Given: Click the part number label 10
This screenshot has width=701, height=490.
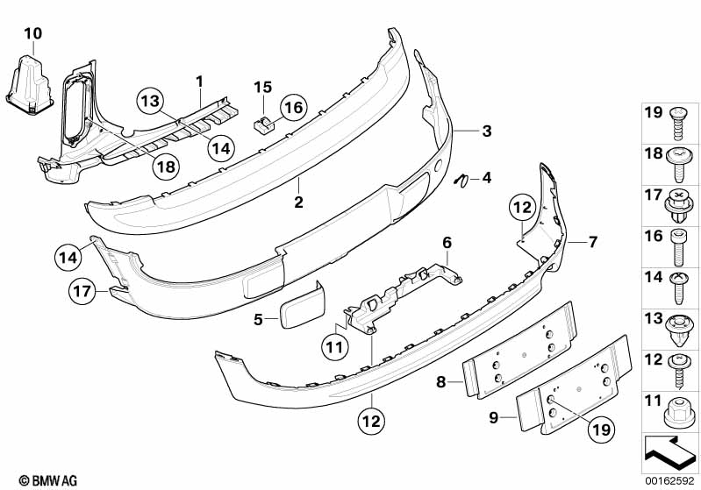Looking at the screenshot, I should (x=32, y=34).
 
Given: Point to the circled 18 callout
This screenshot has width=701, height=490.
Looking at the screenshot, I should (x=166, y=165).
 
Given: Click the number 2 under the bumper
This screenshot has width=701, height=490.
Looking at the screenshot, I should (x=298, y=202).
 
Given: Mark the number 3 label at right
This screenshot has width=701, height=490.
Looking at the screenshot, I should (x=486, y=131).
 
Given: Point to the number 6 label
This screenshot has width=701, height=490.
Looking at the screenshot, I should (x=446, y=241).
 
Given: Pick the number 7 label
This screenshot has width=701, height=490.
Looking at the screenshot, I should (x=593, y=240).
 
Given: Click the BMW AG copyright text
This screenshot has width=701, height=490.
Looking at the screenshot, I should (x=32, y=479).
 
